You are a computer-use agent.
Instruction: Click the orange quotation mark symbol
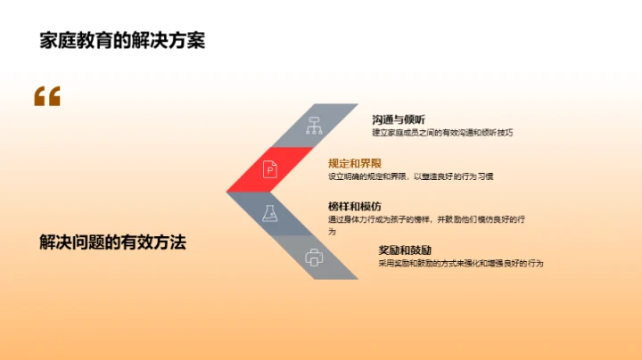[x=47, y=96]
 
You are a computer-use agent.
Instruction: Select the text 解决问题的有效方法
[x=112, y=241]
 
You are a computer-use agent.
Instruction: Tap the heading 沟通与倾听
[x=399, y=119]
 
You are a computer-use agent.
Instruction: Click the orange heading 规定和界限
[x=355, y=163]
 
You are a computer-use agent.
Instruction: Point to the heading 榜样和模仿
[x=354, y=206]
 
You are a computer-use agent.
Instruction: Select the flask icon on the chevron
[x=268, y=212]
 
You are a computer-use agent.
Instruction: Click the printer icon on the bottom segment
[x=313, y=258]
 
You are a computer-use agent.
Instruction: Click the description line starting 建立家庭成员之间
[x=443, y=133]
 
